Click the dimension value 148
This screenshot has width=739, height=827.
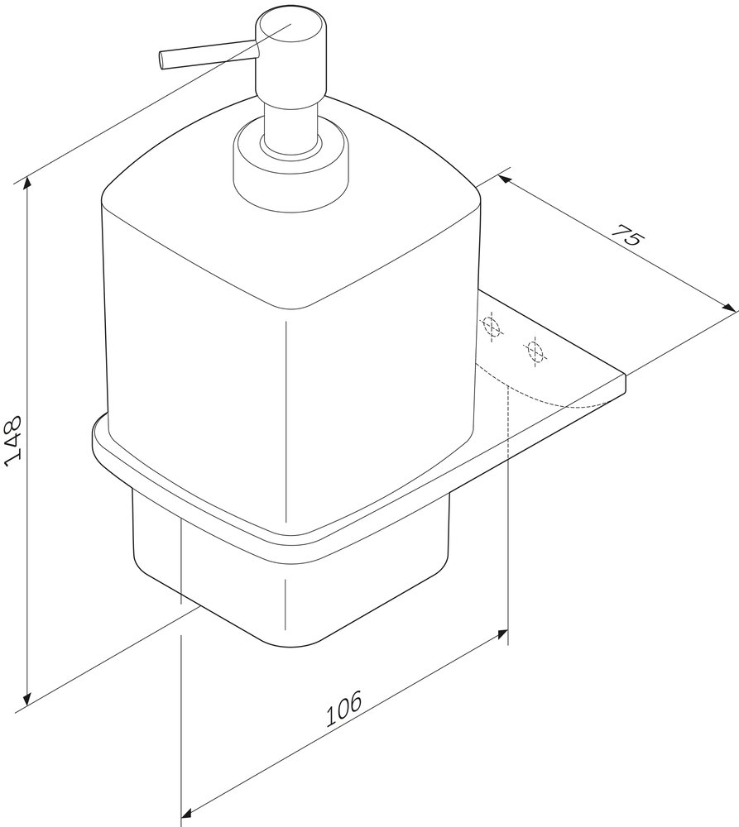[x=12, y=442]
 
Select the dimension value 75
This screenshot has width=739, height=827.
[x=627, y=237]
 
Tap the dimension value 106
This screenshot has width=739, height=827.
[x=343, y=709]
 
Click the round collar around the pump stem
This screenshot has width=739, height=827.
[x=290, y=166]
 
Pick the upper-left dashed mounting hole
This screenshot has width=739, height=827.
[x=492, y=327]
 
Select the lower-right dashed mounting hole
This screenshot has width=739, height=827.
[x=535, y=350]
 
